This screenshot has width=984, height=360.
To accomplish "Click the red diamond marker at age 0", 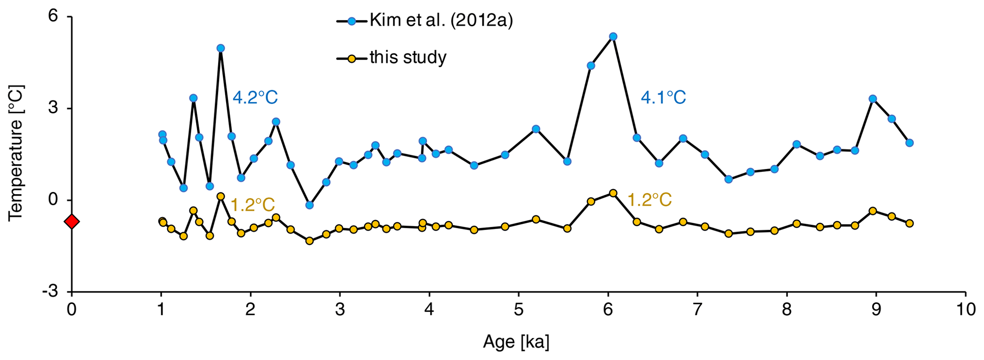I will (71, 222).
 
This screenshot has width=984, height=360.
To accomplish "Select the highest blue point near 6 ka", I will (613, 37).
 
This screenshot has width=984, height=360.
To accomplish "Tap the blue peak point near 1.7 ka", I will (220, 48).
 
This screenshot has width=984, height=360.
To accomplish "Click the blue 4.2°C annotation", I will (255, 98).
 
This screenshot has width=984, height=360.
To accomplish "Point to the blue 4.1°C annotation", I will (663, 98).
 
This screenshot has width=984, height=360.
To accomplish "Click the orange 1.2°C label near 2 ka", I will (252, 205).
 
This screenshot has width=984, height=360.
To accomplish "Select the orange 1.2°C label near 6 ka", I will (649, 200).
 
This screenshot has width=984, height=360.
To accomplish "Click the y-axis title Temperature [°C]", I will (16, 153).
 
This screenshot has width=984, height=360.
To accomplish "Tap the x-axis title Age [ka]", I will (516, 342).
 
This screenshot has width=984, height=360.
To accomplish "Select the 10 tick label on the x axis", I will (965, 309).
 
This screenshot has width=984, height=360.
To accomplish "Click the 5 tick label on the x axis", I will (518, 309).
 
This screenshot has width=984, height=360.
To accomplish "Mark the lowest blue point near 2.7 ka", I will (309, 205).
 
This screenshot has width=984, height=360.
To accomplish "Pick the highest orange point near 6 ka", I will (613, 193).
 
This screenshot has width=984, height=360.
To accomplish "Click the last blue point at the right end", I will (909, 143).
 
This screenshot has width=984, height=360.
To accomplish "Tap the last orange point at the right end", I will (909, 223).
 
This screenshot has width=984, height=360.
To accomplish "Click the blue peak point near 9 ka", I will (873, 99).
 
